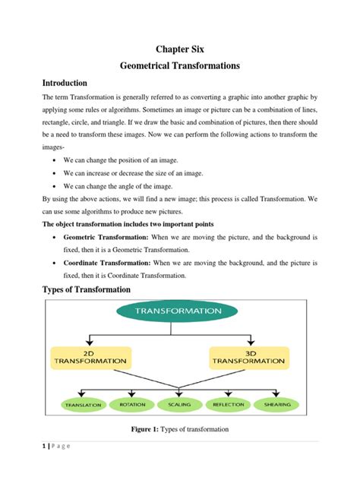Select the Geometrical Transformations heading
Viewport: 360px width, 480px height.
[x=180, y=66]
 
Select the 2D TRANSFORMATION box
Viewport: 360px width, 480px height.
[x=89, y=357]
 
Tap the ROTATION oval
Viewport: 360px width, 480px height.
[x=133, y=404]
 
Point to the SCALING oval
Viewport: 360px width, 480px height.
[x=179, y=404]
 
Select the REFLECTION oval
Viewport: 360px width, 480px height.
[x=227, y=404]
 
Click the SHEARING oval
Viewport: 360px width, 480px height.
[x=276, y=405]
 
